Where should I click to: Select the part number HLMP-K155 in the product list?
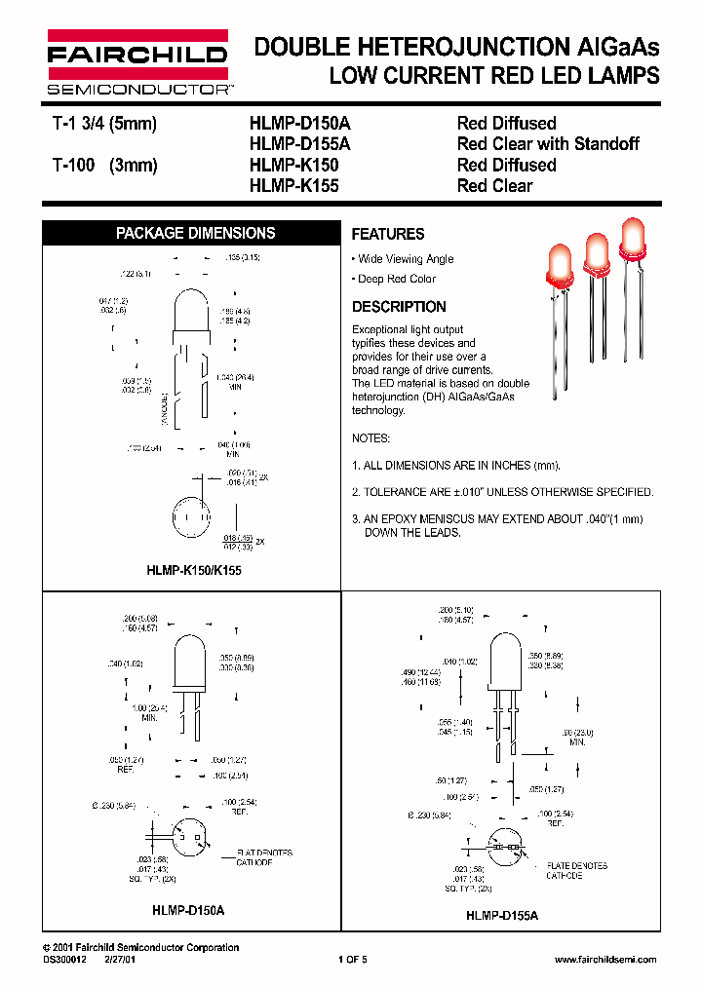click(293, 185)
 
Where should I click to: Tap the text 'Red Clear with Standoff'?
click(548, 144)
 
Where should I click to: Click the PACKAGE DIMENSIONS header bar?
click(195, 234)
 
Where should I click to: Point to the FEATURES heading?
click(388, 235)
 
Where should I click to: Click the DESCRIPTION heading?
click(399, 307)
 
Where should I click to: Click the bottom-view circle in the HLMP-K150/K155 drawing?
click(189, 515)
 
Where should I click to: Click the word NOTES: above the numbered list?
click(371, 438)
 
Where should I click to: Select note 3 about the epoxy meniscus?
click(497, 526)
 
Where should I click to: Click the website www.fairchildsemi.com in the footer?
click(604, 960)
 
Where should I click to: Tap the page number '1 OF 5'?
click(352, 960)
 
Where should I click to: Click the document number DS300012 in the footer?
click(65, 960)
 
